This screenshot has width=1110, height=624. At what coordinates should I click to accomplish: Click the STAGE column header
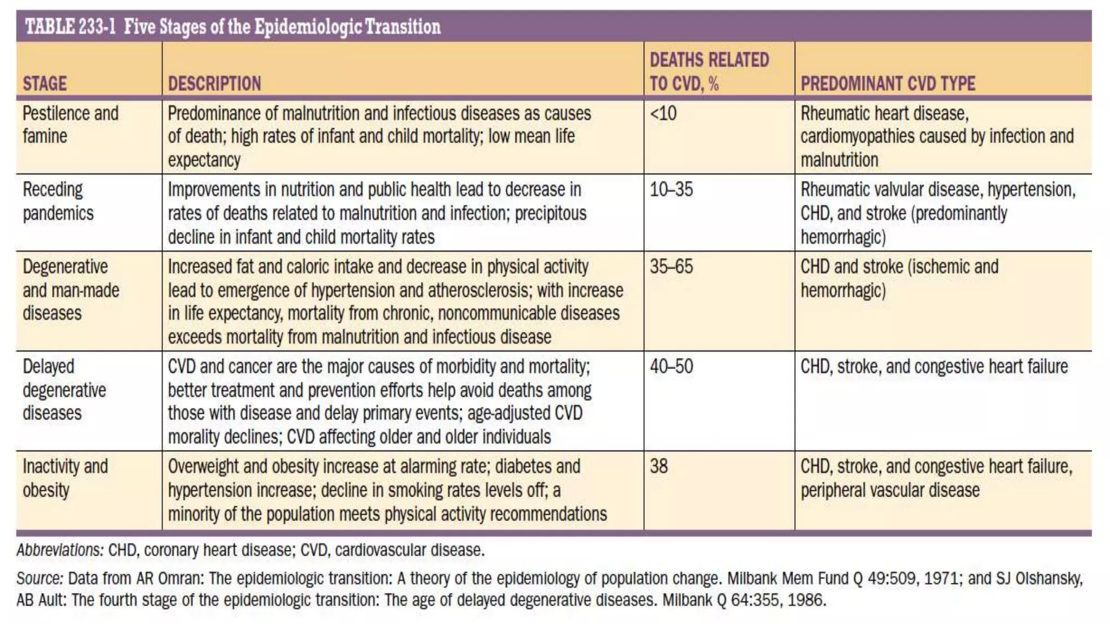click(45, 83)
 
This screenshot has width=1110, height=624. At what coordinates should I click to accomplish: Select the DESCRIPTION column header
click(214, 83)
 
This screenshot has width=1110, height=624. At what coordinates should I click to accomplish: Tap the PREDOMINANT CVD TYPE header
click(888, 83)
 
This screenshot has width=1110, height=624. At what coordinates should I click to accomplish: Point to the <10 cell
click(663, 114)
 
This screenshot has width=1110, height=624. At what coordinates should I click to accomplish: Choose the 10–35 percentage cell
click(672, 190)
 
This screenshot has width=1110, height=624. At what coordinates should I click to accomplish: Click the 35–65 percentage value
click(672, 266)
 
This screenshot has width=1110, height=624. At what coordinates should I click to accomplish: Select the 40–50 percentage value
click(672, 367)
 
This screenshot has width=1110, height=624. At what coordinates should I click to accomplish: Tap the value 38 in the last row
click(659, 466)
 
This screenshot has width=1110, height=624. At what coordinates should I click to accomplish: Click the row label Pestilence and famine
click(70, 125)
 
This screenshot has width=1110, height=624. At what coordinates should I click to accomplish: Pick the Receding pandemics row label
click(58, 201)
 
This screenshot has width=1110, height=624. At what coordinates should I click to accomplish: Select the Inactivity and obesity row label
click(65, 478)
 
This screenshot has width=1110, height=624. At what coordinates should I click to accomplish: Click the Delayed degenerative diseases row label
click(64, 390)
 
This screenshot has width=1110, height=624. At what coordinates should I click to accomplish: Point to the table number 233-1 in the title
click(97, 27)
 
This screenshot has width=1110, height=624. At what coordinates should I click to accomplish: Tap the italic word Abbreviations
click(60, 550)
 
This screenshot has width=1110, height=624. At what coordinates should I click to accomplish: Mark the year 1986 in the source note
click(806, 600)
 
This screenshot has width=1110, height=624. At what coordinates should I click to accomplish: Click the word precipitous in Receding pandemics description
click(550, 213)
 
